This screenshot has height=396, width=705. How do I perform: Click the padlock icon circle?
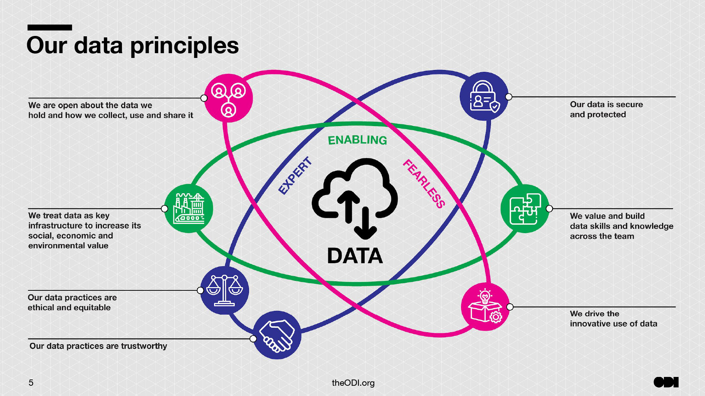[x=484, y=96]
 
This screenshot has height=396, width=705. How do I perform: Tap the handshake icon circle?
[x=277, y=335]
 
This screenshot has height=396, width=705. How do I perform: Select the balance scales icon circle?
[x=225, y=290]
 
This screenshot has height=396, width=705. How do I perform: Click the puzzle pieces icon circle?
[x=525, y=208]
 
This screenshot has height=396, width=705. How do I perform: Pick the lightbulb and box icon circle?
[x=485, y=307]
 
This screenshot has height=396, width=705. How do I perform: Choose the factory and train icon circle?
[x=189, y=208]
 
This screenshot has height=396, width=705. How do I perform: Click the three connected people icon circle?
[x=228, y=98]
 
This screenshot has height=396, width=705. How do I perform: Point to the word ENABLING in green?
[x=357, y=140]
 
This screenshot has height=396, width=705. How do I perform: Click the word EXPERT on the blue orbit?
[x=295, y=175]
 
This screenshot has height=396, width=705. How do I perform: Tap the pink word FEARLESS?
[x=424, y=184]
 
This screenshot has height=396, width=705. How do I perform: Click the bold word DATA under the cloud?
[x=355, y=256]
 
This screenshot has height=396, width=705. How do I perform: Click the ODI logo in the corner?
[x=666, y=382]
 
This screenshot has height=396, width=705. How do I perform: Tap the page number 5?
[x=31, y=383]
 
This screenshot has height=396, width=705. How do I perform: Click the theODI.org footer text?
[x=353, y=383]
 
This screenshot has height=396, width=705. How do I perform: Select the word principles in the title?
[x=184, y=46]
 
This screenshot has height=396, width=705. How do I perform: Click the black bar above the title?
[x=50, y=27]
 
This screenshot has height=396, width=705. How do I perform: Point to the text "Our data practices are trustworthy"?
[x=98, y=346]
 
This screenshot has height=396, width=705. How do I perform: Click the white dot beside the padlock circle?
[x=509, y=97]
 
